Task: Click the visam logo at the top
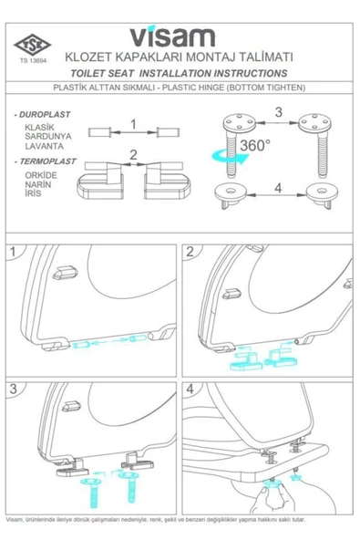coord(172,36)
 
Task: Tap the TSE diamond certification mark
coord(32,45)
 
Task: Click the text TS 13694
coord(33,60)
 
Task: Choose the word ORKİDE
coord(41,175)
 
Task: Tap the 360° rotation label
coord(255,145)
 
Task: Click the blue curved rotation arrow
coord(230,157)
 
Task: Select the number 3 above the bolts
coord(279,112)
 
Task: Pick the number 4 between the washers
coord(278,188)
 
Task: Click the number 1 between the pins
coord(133,124)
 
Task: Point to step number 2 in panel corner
coord(190,252)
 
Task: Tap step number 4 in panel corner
coord(190,389)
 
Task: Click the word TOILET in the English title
coord(88,73)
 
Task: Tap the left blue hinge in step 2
coord(244,361)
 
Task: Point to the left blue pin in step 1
coord(81,344)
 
